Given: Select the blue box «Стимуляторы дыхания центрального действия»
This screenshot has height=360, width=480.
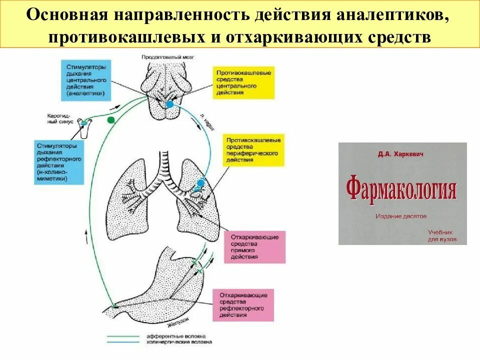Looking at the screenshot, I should point(86,79).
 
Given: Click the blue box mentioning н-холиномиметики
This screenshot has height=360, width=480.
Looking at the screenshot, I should point(59,162).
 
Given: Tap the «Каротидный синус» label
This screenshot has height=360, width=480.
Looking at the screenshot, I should point(60,118).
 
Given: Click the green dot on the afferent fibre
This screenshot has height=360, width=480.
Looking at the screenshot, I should point(111,120).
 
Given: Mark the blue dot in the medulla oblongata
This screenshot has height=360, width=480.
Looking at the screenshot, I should point(169,104).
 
